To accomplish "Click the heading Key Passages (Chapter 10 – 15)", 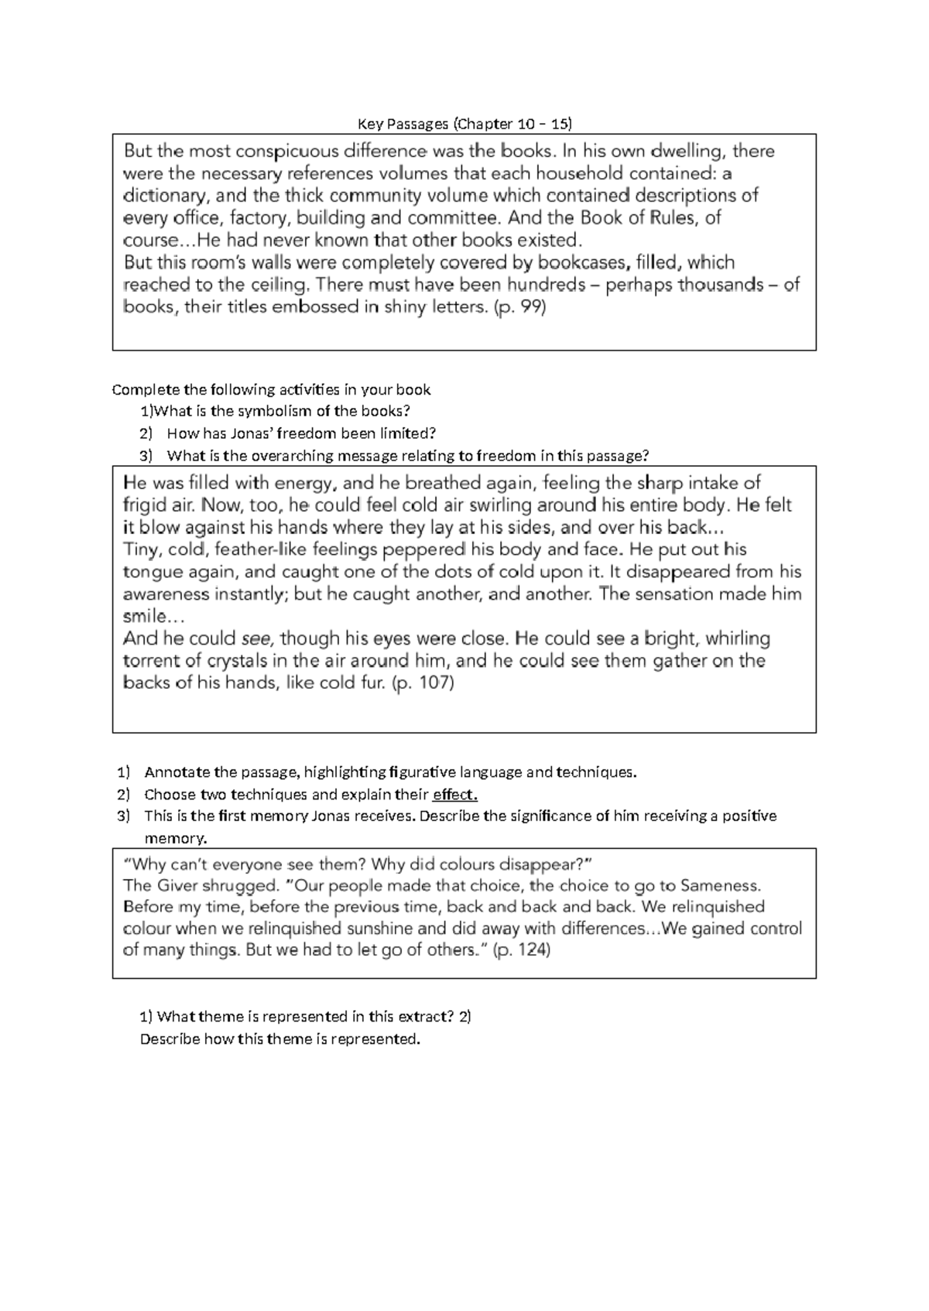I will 464,123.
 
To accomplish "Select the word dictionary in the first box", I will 161,195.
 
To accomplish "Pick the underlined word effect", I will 455,794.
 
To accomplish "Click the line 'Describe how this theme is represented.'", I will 279,1039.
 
